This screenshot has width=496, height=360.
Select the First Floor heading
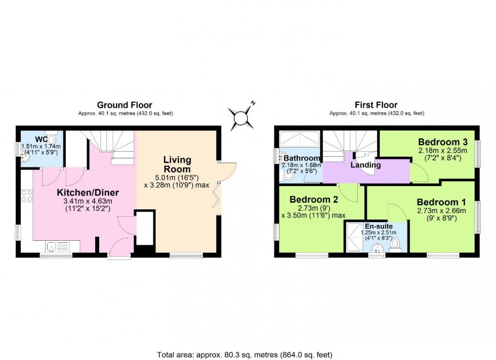(x=376, y=105)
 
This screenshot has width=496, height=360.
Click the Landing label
(x=366, y=165)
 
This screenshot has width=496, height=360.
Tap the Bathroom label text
(x=301, y=158)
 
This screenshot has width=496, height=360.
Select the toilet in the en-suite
(x=396, y=245)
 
